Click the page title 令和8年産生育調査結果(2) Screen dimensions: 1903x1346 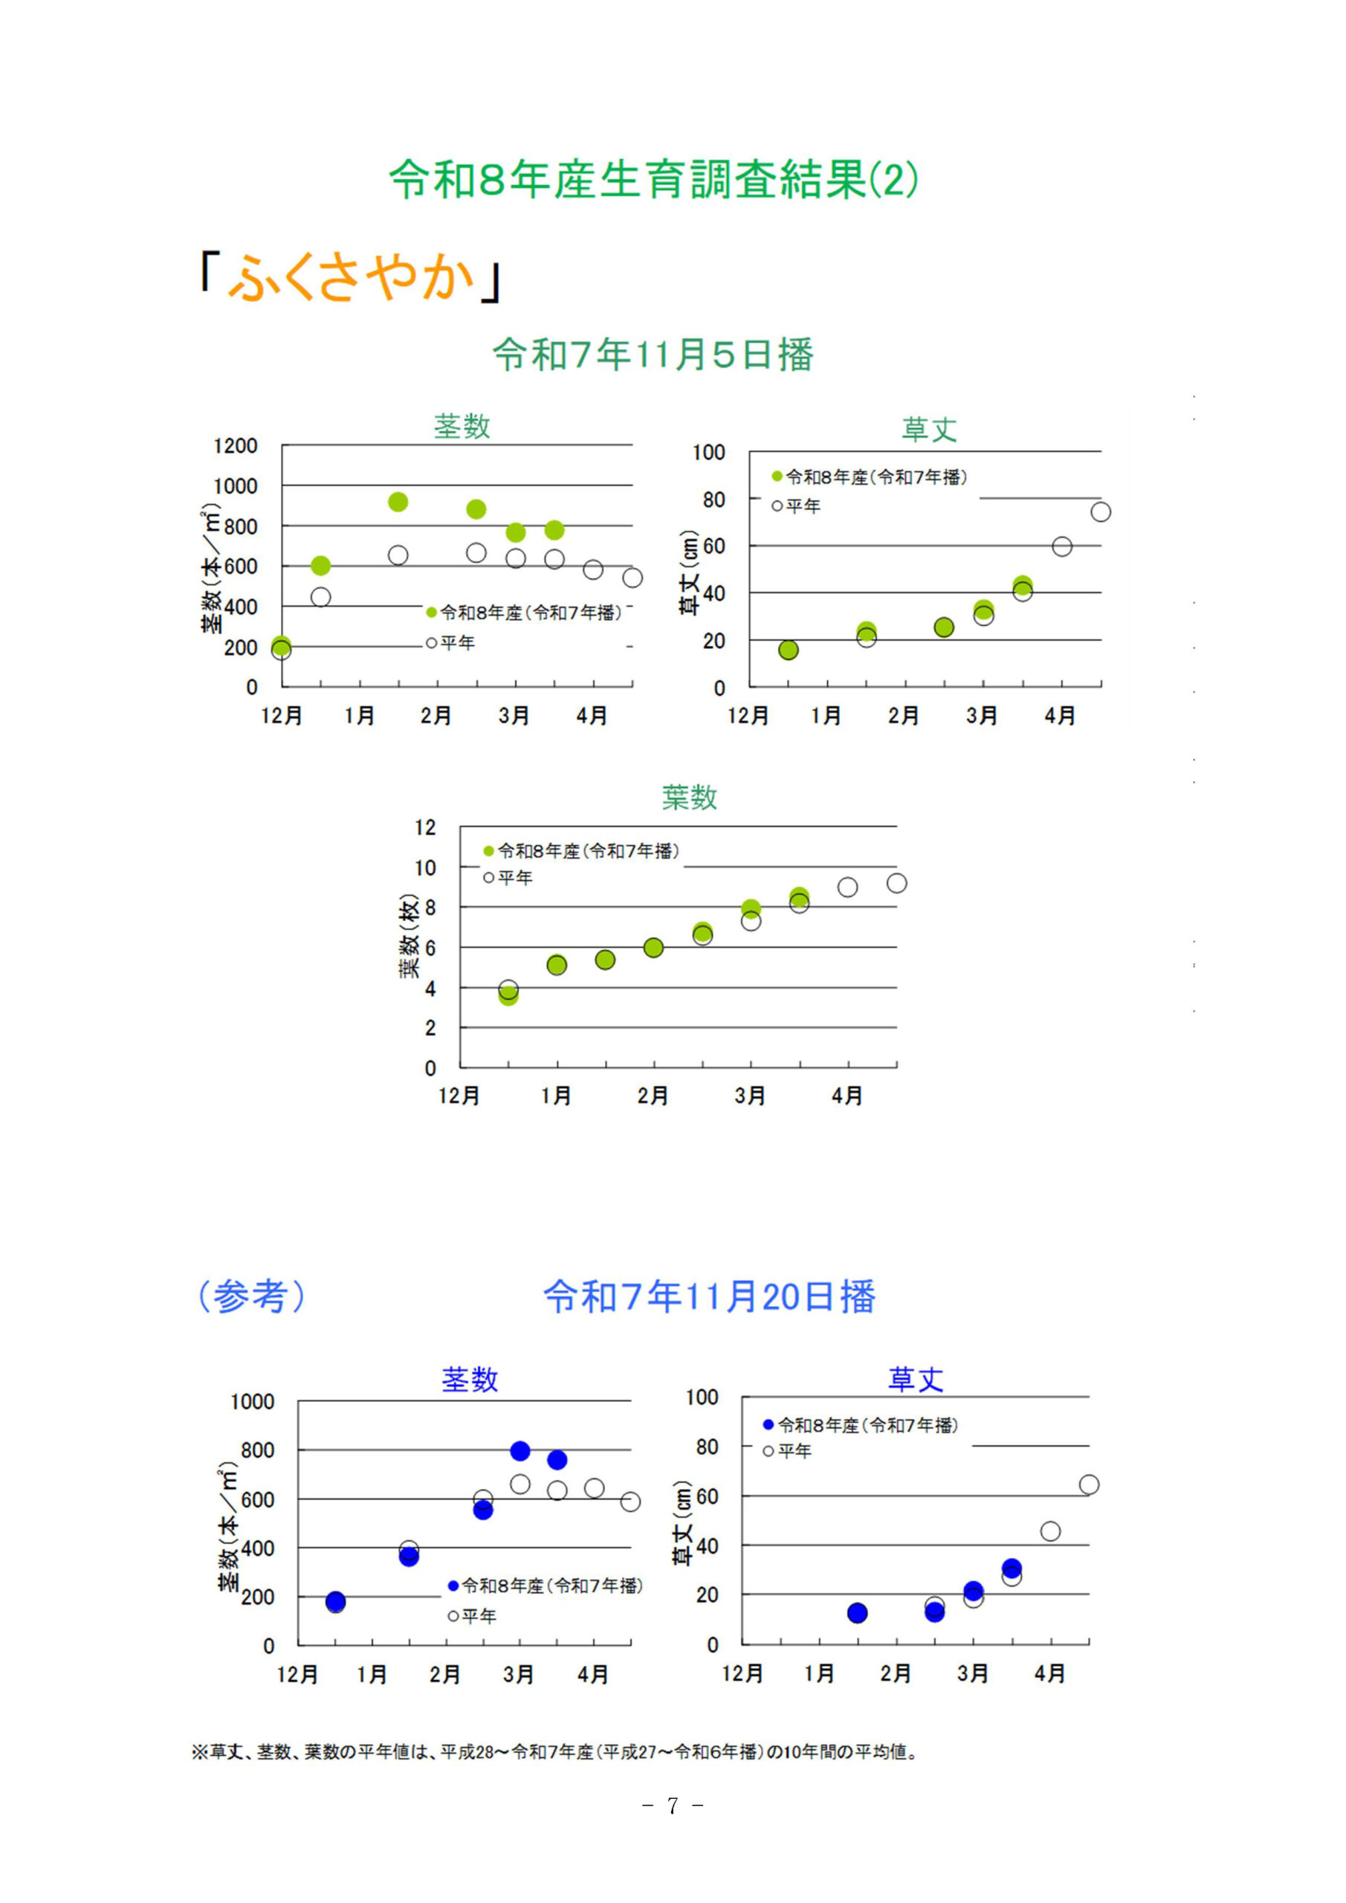click(x=653, y=179)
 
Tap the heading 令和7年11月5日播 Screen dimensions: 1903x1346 click(x=653, y=355)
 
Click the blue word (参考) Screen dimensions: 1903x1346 click(x=251, y=1296)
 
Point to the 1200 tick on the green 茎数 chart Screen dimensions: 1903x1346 click(x=236, y=446)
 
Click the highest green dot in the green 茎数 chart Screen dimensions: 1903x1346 click(x=398, y=503)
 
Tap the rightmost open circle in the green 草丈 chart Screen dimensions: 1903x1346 click(x=1100, y=512)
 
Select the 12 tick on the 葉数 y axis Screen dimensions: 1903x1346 click(x=425, y=827)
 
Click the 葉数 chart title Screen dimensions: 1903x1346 click(x=689, y=798)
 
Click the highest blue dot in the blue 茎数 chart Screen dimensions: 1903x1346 click(x=520, y=1450)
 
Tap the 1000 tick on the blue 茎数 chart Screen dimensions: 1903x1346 click(x=252, y=1401)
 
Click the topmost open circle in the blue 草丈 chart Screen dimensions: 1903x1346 click(x=1088, y=1484)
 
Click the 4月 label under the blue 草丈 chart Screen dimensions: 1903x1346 click(x=1049, y=1673)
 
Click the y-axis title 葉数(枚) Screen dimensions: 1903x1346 click(x=411, y=936)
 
